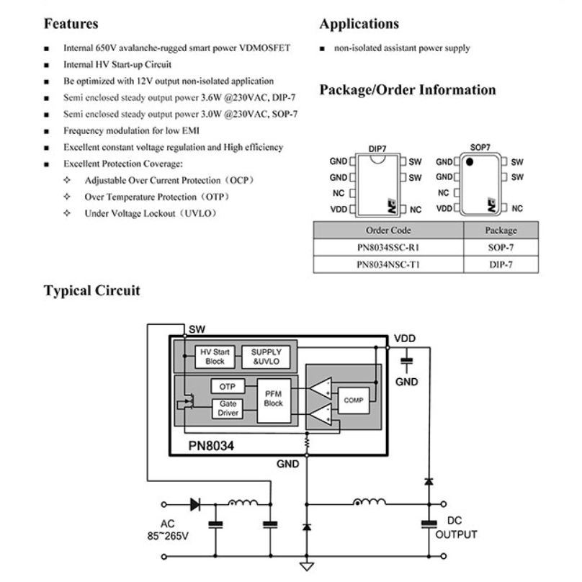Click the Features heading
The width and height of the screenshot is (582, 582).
[x=71, y=24]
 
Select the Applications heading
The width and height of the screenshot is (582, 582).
[x=359, y=24]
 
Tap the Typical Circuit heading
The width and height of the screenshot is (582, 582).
[x=91, y=290]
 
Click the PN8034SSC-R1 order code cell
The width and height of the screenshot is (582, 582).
[x=388, y=247]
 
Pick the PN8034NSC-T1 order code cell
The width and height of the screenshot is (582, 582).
[x=388, y=264]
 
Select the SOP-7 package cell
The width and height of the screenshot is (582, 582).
[x=501, y=247]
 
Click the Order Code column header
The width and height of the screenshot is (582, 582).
[x=388, y=230]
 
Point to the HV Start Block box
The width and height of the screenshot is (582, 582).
[x=215, y=357]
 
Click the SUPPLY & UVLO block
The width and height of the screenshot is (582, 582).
[x=267, y=357]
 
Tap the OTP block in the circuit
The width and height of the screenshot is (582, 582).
[x=227, y=387]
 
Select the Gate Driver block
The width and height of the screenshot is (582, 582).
[x=228, y=408]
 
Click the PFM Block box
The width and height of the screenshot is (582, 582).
[x=273, y=398]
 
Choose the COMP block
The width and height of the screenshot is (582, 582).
[x=354, y=400]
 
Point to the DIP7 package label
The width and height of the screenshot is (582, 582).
[x=377, y=148]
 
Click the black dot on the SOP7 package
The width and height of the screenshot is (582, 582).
[x=469, y=163]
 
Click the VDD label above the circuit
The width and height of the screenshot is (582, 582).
[x=404, y=339]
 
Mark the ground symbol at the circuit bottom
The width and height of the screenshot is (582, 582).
[x=307, y=565]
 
